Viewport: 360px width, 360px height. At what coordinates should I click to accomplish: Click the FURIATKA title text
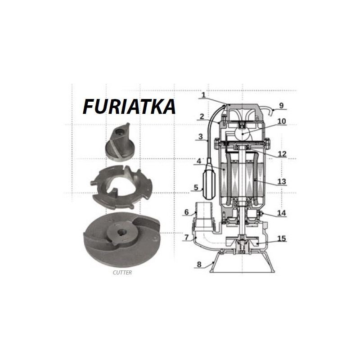[129, 107]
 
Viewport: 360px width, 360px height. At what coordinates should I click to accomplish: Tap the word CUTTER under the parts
[122, 273]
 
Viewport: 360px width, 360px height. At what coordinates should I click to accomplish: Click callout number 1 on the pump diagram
[203, 95]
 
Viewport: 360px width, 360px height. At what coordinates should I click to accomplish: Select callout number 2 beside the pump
[202, 117]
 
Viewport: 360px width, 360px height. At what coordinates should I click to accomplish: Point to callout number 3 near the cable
[201, 137]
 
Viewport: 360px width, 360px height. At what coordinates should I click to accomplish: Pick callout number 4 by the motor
[199, 161]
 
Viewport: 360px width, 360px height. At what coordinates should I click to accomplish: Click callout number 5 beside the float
[196, 187]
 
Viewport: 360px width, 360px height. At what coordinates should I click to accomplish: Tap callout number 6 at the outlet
[186, 212]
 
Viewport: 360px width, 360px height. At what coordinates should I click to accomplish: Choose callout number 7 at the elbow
[186, 237]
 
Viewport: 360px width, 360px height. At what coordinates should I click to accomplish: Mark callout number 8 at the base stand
[199, 265]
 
